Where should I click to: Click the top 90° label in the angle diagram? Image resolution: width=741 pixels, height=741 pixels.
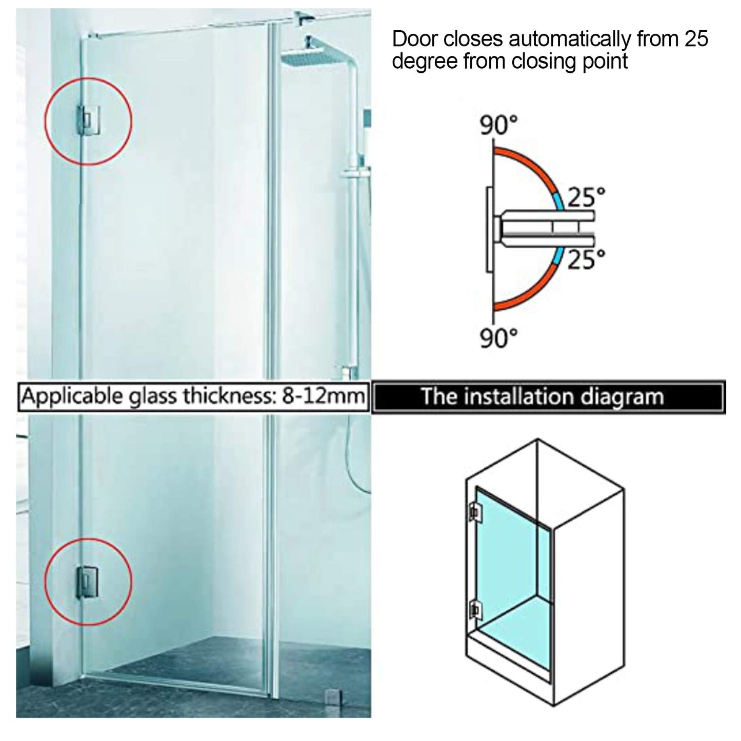coord(498,125)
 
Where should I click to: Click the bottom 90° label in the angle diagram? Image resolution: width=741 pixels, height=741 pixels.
coord(498,338)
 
